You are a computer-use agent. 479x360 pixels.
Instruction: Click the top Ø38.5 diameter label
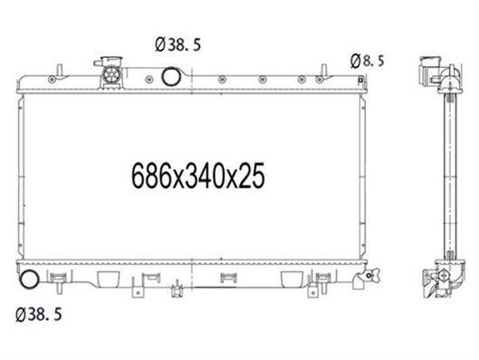click(x=178, y=44)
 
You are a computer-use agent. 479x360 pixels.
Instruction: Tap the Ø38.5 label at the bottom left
click(x=39, y=315)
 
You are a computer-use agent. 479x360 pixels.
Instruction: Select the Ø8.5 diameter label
click(x=367, y=61)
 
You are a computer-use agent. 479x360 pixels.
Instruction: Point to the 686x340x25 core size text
click(x=198, y=175)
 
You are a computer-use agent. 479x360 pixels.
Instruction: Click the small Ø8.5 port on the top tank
click(x=361, y=80)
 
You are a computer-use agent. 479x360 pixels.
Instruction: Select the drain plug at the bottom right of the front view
click(x=371, y=275)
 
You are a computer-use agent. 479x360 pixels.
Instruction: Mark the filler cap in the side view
click(x=429, y=71)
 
